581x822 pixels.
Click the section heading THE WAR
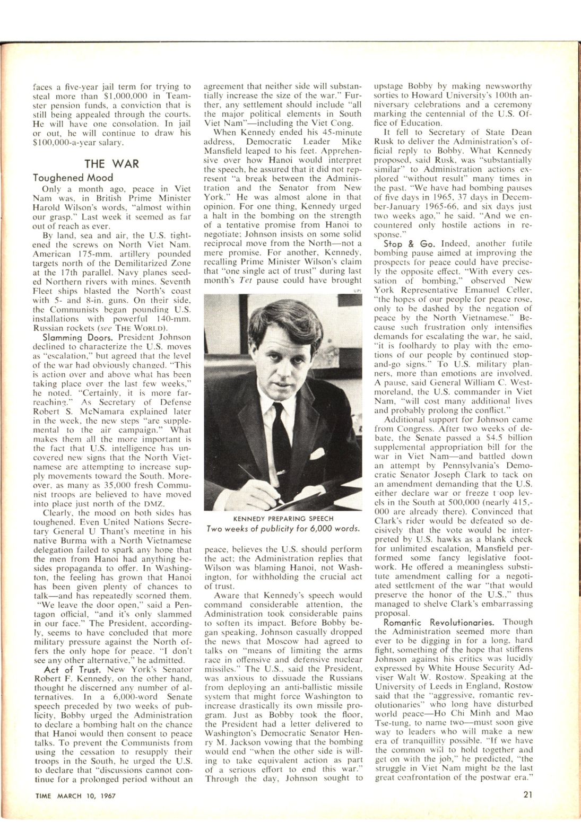(111, 163)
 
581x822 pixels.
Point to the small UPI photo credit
(356, 290)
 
